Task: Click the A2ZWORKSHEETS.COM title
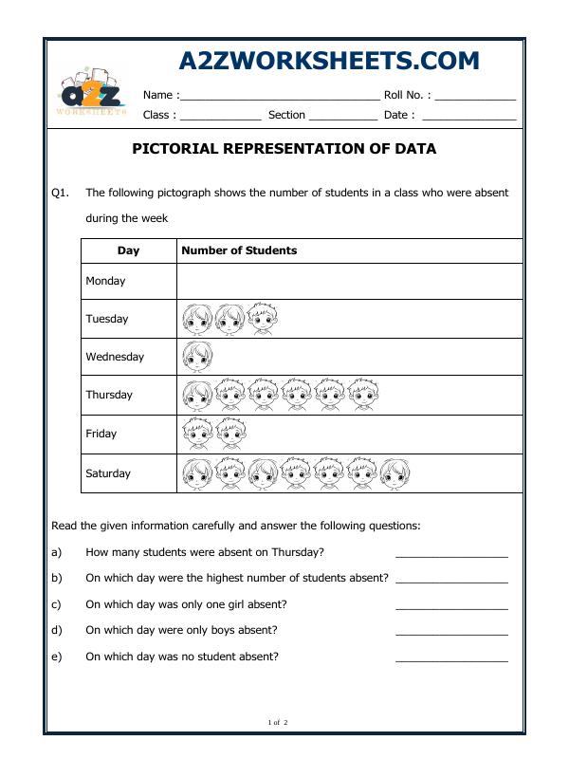[329, 61]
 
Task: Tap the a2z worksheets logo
[91, 93]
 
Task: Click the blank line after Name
[280, 98]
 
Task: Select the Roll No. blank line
[475, 98]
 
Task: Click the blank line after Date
[468, 119]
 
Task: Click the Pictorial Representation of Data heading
[283, 149]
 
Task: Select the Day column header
[128, 250]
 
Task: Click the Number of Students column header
[239, 250]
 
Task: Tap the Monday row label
[105, 281]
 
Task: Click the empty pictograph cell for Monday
[349, 281]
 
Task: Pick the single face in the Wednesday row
[197, 357]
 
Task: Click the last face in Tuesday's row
[263, 319]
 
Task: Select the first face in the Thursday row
[197, 395]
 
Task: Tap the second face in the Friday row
[230, 434]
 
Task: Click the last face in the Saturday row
[395, 472]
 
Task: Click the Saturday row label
[108, 473]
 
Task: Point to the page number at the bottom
[278, 723]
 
